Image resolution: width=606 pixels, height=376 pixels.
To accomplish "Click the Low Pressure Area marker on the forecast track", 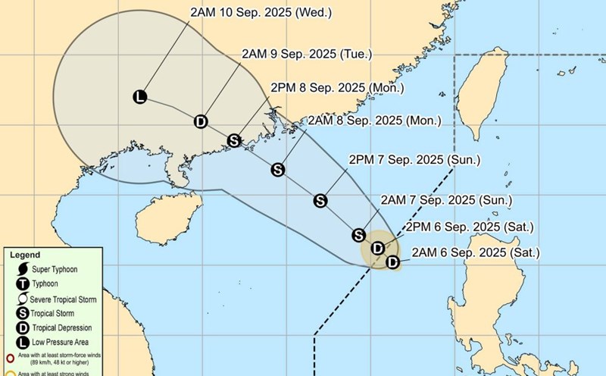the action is [x=139, y=96].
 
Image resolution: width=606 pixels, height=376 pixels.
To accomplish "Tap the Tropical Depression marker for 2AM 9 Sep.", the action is [x=201, y=121].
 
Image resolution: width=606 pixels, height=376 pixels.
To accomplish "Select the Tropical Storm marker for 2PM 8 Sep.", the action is [x=234, y=140].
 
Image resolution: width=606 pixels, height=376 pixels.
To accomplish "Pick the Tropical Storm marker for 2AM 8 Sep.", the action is [x=278, y=169].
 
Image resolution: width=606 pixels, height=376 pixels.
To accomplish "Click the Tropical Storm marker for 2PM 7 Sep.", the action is [x=320, y=201].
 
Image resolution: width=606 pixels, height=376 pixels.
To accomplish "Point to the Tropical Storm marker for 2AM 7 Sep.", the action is [x=359, y=235].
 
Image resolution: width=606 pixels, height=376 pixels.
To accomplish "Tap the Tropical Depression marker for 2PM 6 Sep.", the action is [x=379, y=248].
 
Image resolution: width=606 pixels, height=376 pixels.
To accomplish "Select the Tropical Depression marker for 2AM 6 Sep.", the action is [x=392, y=262].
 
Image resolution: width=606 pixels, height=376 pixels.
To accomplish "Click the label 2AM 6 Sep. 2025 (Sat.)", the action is [x=475, y=252].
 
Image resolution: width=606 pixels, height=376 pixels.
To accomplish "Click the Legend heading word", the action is [x=25, y=255].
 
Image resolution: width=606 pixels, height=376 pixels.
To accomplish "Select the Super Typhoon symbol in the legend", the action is [x=23, y=270].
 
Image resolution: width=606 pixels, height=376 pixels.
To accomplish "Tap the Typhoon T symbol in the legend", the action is [x=23, y=284].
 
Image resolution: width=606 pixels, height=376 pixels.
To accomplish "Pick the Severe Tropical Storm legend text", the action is [x=64, y=300].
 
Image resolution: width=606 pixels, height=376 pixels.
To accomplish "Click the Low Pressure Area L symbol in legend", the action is [x=23, y=343].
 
